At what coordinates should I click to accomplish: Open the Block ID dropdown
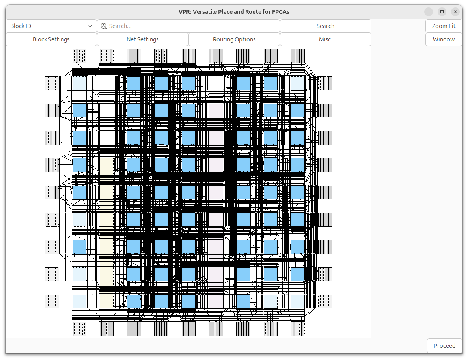tap(51, 26)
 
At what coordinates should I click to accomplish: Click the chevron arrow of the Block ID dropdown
tap(90, 26)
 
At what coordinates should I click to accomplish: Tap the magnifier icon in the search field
tap(104, 26)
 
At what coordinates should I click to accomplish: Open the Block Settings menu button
tap(51, 39)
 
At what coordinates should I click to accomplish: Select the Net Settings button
tap(143, 39)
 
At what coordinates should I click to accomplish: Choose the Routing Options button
tap(234, 39)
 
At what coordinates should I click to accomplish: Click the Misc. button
tap(326, 39)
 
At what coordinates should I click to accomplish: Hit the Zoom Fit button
tap(444, 26)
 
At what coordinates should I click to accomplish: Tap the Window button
tap(444, 39)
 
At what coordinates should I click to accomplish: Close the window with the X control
tap(455, 12)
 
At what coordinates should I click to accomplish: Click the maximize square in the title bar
tap(442, 12)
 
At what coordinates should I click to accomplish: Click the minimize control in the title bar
tap(429, 12)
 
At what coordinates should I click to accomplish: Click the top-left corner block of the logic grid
tap(79, 83)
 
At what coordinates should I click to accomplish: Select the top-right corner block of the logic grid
tap(298, 83)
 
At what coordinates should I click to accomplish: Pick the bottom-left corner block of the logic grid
tap(79, 301)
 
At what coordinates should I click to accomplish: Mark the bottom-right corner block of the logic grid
tap(298, 301)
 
